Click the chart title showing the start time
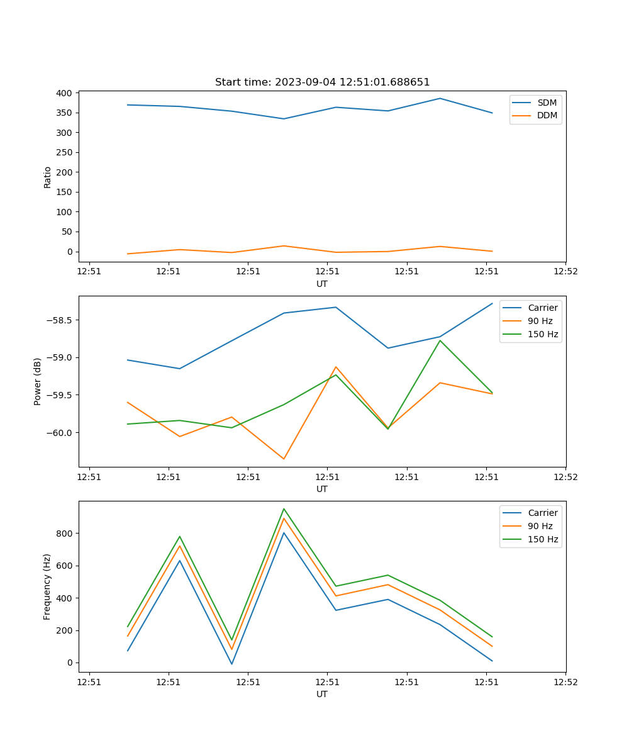click(x=322, y=82)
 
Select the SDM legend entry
click(x=546, y=103)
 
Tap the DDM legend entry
click(x=547, y=115)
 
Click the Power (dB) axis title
click(x=38, y=381)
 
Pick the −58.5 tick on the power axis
click(x=58, y=320)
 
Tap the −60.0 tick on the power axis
click(x=58, y=433)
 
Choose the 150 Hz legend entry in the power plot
click(x=542, y=334)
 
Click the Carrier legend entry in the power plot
click(x=542, y=308)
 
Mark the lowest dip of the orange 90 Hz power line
click(x=284, y=459)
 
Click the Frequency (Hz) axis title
click(x=47, y=586)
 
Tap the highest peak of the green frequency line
click(x=284, y=508)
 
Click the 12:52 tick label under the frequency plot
click(x=565, y=681)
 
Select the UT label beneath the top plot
click(x=322, y=284)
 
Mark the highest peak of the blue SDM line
click(x=440, y=98)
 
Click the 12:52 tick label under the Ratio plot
click(x=565, y=271)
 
